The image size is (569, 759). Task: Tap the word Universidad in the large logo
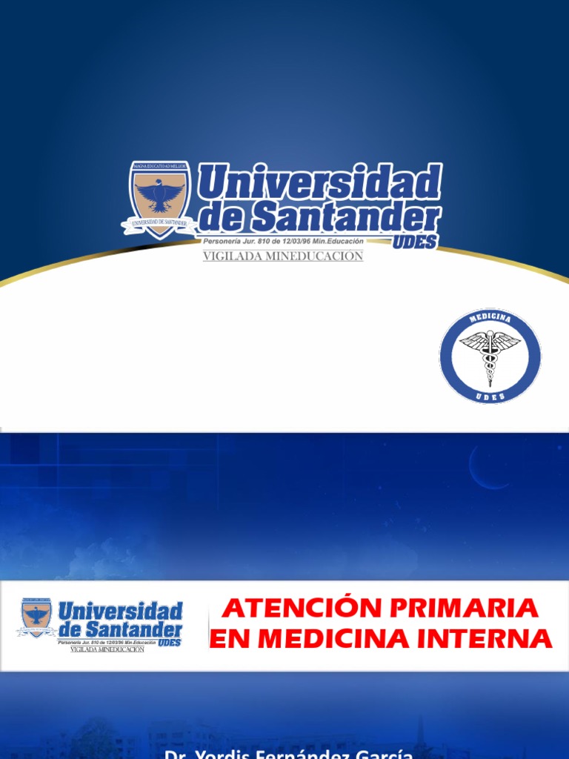pyautogui.click(x=320, y=182)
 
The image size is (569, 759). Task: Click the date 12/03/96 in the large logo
pyautogui.click(x=299, y=241)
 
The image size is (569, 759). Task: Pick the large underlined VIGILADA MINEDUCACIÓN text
pyautogui.click(x=283, y=256)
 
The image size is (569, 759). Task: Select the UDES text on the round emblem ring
pyautogui.click(x=490, y=397)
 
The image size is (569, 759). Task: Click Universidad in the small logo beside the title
pyautogui.click(x=120, y=611)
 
